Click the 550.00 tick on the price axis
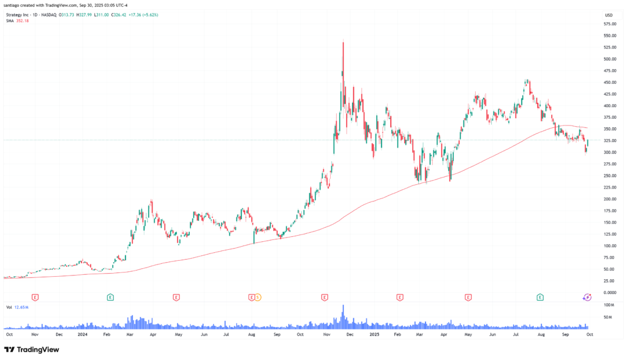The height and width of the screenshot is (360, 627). click(609, 36)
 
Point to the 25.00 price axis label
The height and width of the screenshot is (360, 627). click(609, 280)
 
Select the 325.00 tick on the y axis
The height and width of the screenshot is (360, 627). click(609, 140)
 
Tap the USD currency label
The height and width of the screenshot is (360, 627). click(609, 15)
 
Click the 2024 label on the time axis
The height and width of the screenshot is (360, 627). click(83, 335)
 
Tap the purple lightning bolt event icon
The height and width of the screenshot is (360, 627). click(587, 298)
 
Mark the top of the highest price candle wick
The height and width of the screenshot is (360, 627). click(343, 41)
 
